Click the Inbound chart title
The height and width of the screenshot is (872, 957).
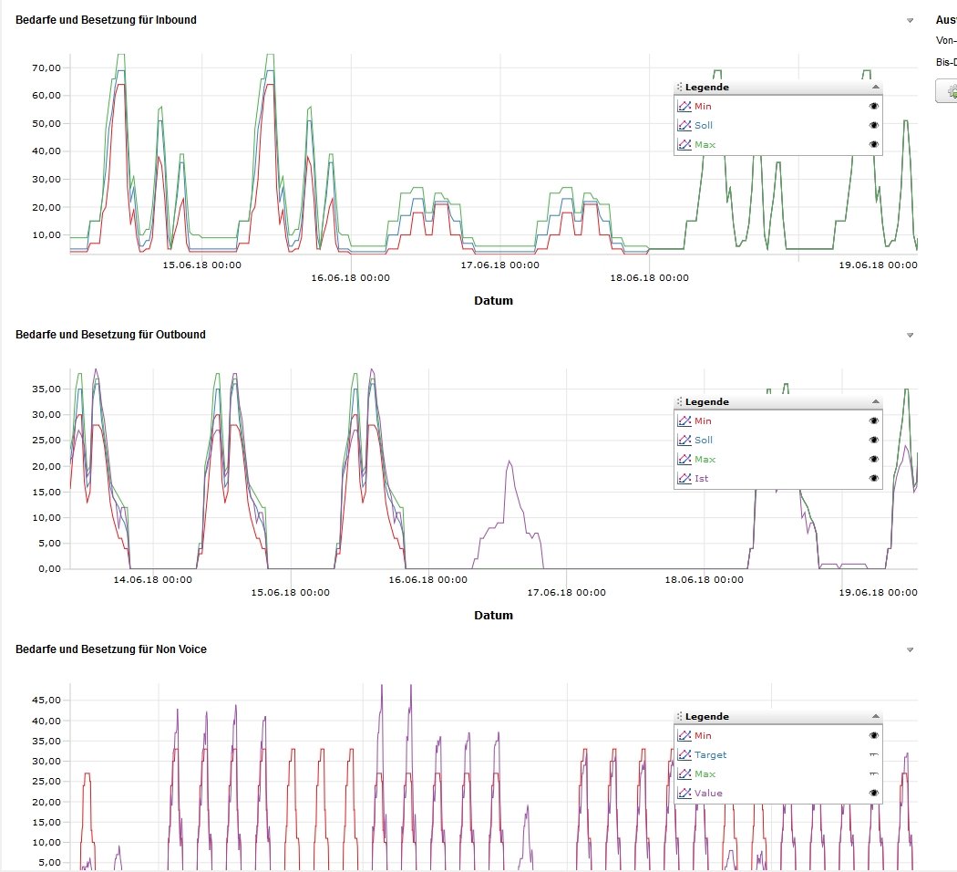(106, 20)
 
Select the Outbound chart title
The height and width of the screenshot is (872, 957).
(110, 335)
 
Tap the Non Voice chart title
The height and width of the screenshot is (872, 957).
(111, 649)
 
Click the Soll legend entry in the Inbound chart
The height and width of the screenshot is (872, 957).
(703, 126)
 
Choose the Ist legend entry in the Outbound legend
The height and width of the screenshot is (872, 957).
(701, 479)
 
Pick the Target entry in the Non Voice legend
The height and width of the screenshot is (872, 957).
(710, 755)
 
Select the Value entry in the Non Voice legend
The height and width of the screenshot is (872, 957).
(708, 794)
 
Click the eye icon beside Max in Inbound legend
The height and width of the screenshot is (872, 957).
(874, 145)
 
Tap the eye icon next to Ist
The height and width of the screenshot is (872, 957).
(874, 479)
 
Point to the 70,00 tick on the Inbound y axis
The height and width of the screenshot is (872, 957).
(46, 67)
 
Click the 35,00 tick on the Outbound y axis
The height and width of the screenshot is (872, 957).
(46, 389)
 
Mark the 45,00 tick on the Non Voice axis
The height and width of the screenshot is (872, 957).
(46, 701)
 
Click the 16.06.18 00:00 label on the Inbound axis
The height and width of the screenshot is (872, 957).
(351, 278)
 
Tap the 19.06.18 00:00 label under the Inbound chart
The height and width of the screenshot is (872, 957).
(878, 265)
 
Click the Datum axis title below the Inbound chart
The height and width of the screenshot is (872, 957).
(493, 301)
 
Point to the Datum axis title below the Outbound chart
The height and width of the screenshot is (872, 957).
(493, 616)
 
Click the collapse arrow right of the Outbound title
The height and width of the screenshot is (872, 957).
(910, 336)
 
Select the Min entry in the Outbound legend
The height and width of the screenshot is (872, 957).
(702, 421)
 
